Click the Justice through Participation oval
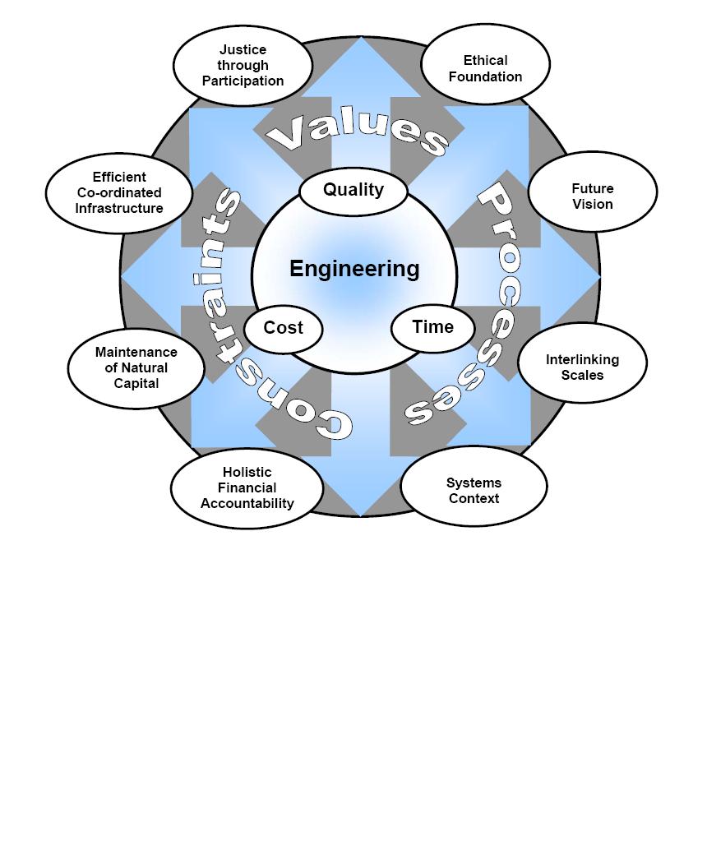coord(243,65)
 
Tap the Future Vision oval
coord(592,196)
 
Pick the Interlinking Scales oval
coord(582,367)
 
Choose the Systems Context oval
coord(474,490)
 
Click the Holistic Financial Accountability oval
coord(247,487)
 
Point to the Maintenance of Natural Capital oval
coord(136,367)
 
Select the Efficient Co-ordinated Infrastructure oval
coord(119,192)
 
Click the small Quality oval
coord(353,190)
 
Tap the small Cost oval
coord(284,328)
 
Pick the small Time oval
coord(432,327)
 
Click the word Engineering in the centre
coord(354,269)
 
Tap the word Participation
coord(243,81)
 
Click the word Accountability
coord(247,503)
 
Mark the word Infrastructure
coord(119,208)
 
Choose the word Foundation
coord(485,76)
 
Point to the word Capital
coord(136,383)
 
